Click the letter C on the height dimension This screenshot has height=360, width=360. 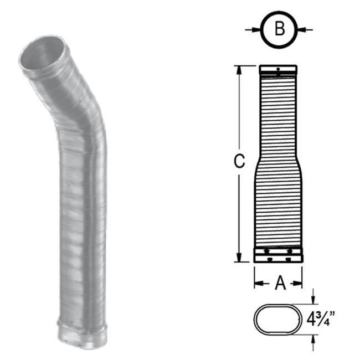click(x=238, y=162)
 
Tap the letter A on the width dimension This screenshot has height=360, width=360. click(x=280, y=284)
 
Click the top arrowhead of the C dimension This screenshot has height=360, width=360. click(x=239, y=69)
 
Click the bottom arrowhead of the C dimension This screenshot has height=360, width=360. click(x=239, y=258)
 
